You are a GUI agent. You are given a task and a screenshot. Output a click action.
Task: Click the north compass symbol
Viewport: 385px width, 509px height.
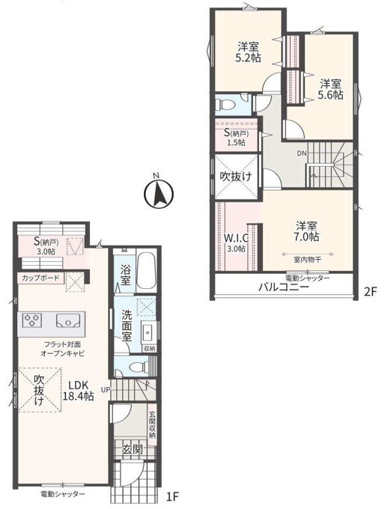point(159,193)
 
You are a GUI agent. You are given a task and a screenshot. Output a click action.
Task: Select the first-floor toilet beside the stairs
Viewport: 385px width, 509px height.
point(137,368)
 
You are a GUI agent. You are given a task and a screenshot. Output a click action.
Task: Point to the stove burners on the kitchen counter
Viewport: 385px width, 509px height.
point(32,320)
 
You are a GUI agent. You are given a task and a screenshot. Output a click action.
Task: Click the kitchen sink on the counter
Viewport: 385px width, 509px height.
point(68,320)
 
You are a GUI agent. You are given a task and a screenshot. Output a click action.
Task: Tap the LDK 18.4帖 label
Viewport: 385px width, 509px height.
point(78,391)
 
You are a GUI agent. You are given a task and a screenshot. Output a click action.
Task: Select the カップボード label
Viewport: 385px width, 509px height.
point(40,278)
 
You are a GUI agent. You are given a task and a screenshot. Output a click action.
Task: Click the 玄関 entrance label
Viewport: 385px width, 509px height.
point(133,449)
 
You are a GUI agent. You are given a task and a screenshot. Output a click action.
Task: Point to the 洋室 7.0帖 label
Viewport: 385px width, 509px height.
point(307,231)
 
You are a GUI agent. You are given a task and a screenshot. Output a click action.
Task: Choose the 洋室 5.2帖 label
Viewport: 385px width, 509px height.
point(249,52)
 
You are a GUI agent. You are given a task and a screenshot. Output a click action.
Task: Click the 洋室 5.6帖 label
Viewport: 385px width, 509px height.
point(331,90)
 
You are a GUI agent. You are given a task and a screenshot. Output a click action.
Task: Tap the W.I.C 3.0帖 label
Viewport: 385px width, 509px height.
point(237,243)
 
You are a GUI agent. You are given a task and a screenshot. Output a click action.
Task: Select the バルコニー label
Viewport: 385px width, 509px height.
point(283,287)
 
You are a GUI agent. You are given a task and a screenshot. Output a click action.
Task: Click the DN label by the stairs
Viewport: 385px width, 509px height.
point(302,153)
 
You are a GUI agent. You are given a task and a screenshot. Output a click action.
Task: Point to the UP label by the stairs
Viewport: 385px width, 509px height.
point(106,389)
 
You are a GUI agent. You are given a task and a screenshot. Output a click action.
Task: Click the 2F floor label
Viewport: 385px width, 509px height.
point(370,292)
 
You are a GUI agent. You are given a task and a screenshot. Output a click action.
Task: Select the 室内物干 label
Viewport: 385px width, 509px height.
point(307,260)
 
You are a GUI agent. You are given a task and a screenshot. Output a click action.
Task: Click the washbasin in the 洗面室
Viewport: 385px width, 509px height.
point(148,333)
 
